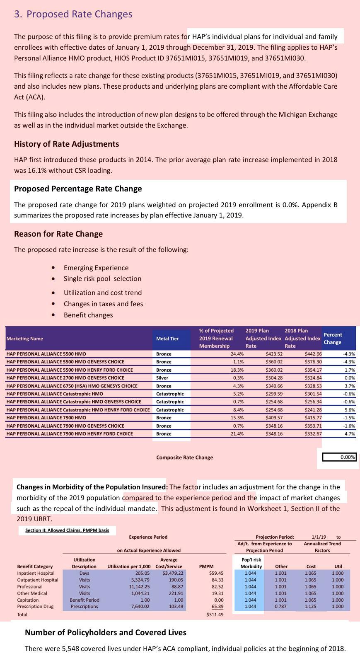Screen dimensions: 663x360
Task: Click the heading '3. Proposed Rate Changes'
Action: (x=73, y=14)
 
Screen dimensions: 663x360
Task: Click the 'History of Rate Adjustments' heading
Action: (x=66, y=144)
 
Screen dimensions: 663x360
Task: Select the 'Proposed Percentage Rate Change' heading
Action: (x=78, y=189)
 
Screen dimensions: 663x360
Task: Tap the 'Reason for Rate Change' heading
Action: (x=58, y=234)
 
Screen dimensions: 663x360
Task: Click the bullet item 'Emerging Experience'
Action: (x=96, y=268)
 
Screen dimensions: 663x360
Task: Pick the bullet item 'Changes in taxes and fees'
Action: (x=103, y=304)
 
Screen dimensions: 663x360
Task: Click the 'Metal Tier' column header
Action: (x=167, y=339)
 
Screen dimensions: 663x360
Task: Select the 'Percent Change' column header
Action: (x=333, y=339)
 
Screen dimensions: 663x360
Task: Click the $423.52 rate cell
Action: (x=274, y=354)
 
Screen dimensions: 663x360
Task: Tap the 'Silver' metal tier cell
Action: (x=162, y=378)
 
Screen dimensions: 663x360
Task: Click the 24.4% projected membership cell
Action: (x=237, y=354)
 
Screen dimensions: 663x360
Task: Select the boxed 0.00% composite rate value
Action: (x=339, y=457)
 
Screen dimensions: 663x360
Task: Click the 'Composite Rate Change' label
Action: (x=184, y=457)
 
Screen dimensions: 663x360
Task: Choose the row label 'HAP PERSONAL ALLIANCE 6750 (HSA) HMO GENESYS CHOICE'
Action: (x=72, y=386)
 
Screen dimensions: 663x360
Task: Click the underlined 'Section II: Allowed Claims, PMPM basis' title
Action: (x=67, y=530)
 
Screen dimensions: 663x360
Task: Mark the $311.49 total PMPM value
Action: (x=215, y=615)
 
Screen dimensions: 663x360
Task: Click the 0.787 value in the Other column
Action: (x=280, y=606)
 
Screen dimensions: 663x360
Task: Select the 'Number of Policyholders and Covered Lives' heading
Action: (x=106, y=632)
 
